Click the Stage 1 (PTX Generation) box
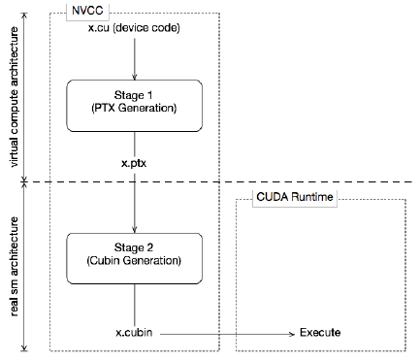134,105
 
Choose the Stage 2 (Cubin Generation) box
134,253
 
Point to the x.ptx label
135,165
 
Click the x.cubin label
134,333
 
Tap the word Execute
320,333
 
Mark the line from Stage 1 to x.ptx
134,144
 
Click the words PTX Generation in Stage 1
134,113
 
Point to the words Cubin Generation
134,261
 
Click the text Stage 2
134,245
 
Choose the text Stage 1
134,97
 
